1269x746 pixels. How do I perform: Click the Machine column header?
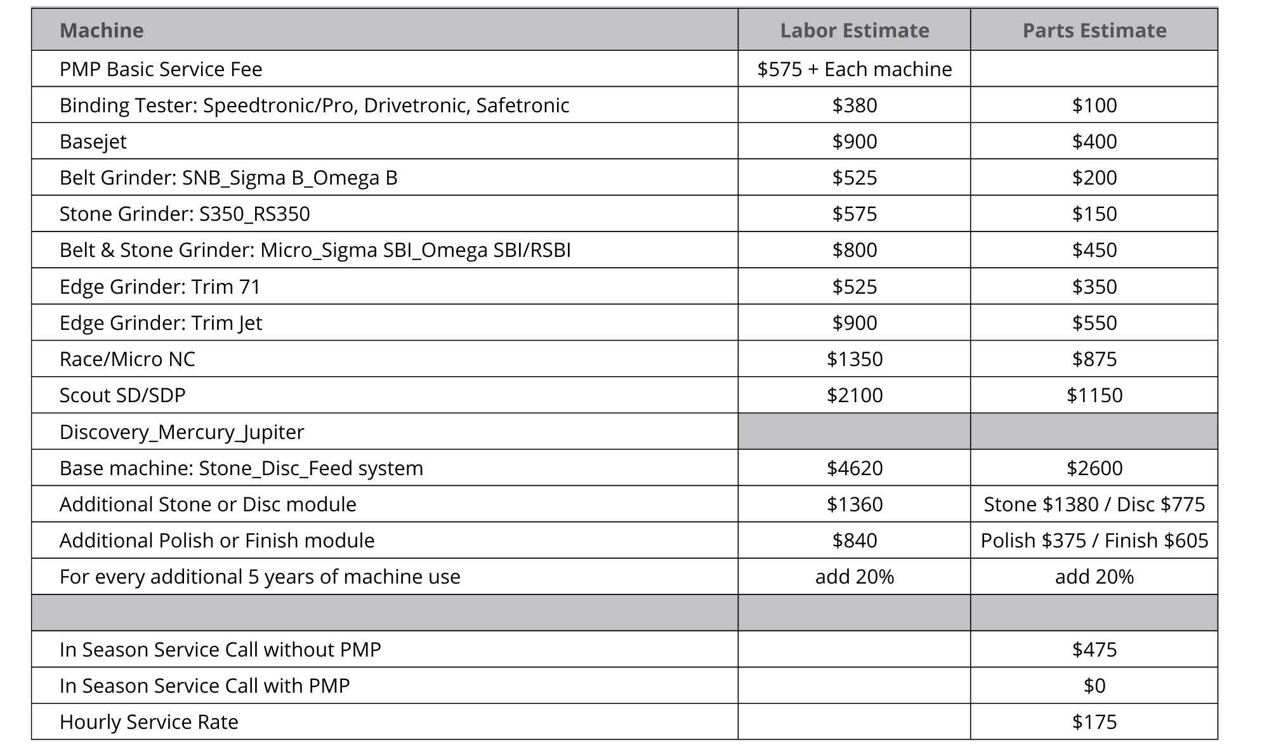102,30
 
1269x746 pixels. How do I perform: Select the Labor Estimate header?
854,30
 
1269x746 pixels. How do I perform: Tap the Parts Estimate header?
1094,30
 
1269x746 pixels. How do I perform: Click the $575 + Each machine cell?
854,69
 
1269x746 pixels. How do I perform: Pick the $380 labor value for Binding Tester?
854,105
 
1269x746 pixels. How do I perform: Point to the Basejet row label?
93,141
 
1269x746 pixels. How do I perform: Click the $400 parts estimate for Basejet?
1094,141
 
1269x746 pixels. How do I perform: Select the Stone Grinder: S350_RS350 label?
185,214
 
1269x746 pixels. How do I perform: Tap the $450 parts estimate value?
1094,250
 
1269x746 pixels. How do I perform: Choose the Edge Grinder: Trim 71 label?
160,287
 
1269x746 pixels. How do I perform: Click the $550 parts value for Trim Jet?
1094,323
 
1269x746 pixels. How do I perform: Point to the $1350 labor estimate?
854,359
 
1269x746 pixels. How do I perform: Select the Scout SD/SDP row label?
122,395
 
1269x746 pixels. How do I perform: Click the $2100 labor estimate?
854,395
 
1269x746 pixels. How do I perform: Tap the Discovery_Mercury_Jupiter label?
181,432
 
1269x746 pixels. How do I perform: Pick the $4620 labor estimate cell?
854,468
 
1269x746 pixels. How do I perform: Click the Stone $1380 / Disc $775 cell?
1094,504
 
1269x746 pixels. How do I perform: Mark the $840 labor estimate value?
854,540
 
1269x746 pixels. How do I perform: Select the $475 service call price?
1094,650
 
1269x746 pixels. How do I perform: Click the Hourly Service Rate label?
148,722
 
